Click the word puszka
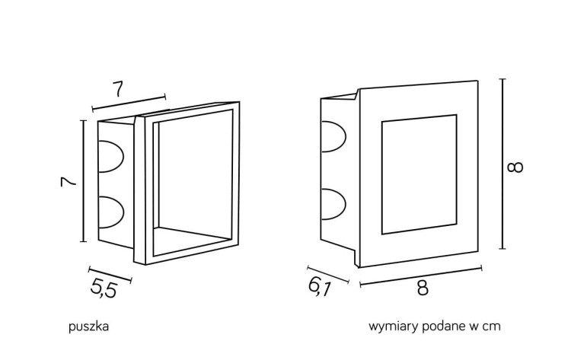click(89, 327)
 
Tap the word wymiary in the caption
click(391, 327)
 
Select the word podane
click(439, 327)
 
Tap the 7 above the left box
click(118, 88)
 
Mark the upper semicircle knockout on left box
click(111, 155)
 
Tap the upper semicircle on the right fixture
click(333, 142)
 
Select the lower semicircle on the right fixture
click(333, 202)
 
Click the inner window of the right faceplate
click(419, 174)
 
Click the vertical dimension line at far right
click(501, 164)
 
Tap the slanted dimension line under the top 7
click(129, 103)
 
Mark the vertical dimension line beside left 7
click(83, 181)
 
